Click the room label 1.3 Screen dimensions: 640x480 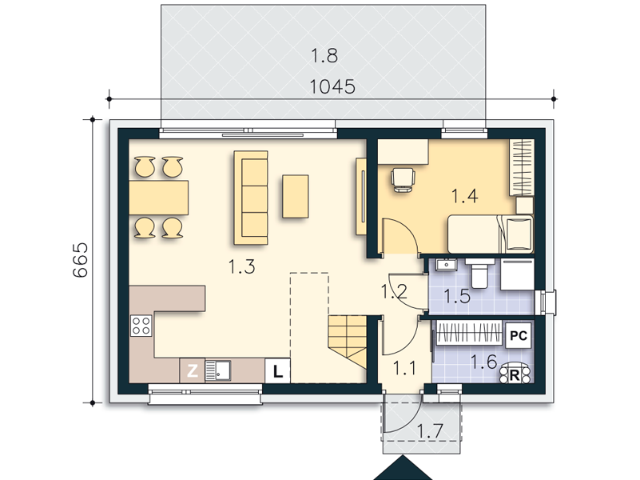tap(241, 266)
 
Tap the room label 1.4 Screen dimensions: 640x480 tap(464, 196)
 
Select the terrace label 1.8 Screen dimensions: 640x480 tap(324, 55)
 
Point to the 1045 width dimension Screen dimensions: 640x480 tap(332, 86)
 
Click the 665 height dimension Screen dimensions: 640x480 tap(81, 260)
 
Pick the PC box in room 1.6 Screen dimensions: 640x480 tap(519, 336)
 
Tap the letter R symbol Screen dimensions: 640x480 tap(515, 374)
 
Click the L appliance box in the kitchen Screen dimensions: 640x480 tap(277, 371)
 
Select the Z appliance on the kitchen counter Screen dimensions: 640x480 tap(193, 371)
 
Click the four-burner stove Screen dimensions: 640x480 tap(141, 326)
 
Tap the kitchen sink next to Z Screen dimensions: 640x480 tap(217, 370)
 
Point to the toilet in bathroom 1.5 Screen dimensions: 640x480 tap(479, 273)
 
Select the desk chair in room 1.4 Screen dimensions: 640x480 tap(403, 179)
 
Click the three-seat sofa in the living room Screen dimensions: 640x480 tap(251, 198)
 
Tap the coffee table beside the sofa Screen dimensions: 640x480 tap(295, 197)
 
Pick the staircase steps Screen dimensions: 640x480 tap(348, 342)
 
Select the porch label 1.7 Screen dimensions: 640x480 tap(430, 431)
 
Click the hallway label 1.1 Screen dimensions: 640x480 tap(404, 368)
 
